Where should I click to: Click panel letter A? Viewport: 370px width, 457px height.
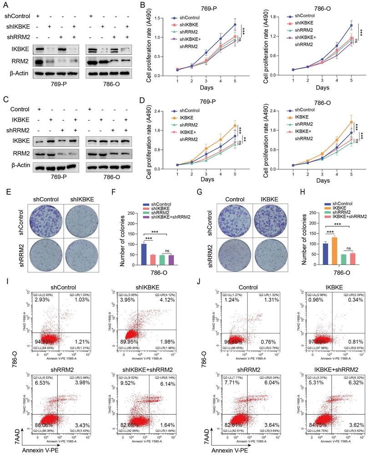[x=6, y=5]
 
